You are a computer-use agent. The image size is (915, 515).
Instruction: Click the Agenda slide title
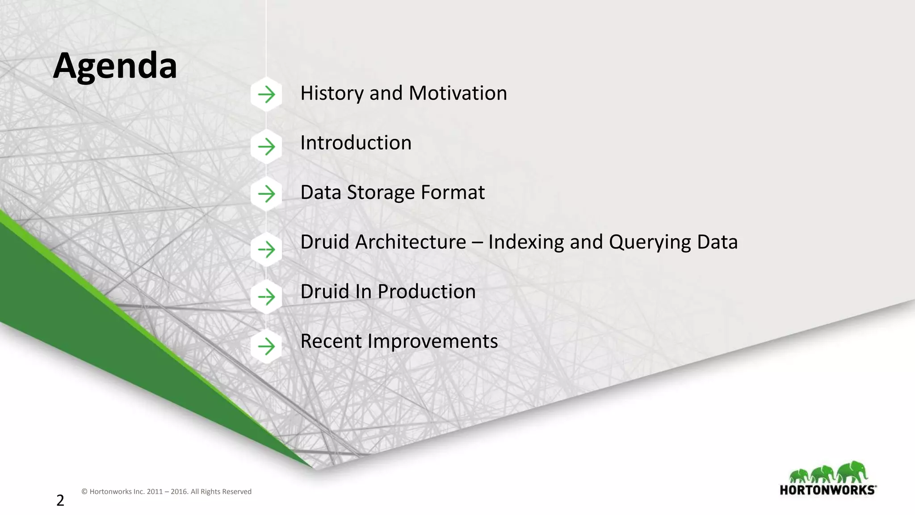click(x=115, y=66)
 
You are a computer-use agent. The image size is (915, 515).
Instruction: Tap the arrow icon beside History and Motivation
click(x=266, y=94)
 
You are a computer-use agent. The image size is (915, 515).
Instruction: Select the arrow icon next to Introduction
click(x=266, y=146)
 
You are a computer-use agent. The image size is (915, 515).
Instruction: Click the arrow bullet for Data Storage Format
click(x=266, y=194)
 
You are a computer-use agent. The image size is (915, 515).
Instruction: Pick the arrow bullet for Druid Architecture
click(x=266, y=249)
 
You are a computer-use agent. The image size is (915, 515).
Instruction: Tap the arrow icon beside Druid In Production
click(x=266, y=297)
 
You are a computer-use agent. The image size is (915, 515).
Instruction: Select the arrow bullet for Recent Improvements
click(x=266, y=346)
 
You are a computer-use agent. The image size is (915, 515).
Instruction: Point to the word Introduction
click(x=356, y=143)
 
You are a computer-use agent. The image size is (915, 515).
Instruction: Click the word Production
click(x=426, y=292)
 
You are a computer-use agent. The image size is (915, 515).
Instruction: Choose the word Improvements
click(x=432, y=342)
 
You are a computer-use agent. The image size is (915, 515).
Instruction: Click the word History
click(x=332, y=93)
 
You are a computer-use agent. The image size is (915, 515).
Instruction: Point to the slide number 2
click(x=60, y=500)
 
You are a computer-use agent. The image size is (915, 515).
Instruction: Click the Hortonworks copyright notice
click(x=166, y=491)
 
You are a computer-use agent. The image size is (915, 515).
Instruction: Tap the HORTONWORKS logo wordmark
click(x=827, y=490)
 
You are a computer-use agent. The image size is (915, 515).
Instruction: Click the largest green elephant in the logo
click(x=852, y=472)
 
